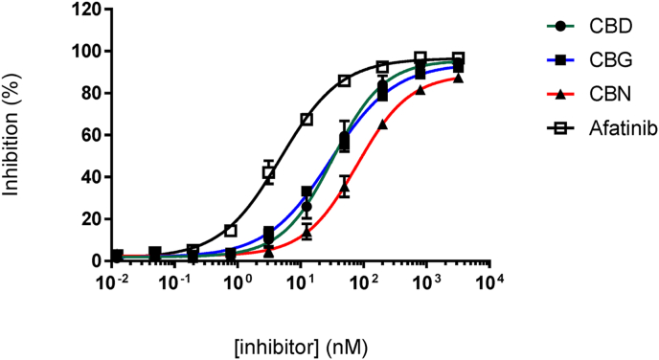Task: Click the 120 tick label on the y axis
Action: point(85,9)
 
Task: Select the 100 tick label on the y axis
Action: point(85,51)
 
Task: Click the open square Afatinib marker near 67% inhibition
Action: point(307,120)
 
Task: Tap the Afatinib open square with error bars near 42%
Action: point(269,172)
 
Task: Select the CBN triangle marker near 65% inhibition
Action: point(382,124)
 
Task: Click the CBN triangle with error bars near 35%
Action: point(345,187)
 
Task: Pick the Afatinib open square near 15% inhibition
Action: point(231,230)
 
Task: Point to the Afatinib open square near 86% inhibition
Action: point(345,80)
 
